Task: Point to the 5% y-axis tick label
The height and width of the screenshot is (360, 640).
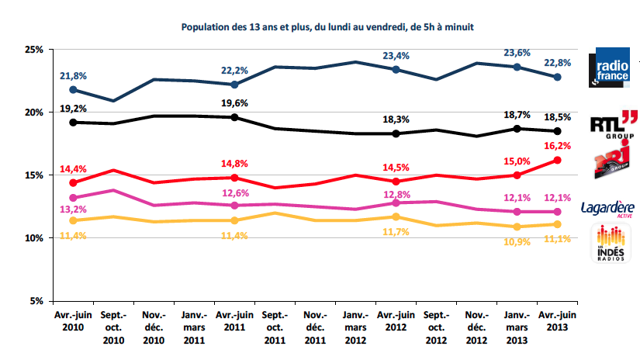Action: click(34, 301)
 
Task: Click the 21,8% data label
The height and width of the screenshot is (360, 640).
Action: click(73, 75)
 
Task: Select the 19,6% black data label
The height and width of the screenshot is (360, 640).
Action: click(234, 103)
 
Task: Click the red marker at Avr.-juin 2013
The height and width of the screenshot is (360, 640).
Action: click(556, 160)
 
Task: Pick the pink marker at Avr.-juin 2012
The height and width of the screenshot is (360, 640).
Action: click(396, 202)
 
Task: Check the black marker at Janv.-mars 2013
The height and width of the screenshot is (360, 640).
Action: click(516, 129)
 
